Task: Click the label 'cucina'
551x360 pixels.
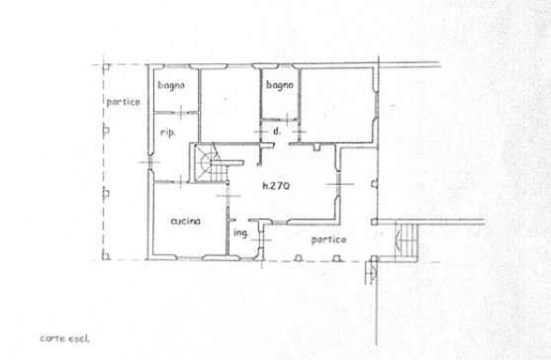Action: click(186, 222)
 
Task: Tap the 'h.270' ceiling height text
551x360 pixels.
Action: click(276, 186)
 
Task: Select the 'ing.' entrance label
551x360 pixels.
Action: click(241, 233)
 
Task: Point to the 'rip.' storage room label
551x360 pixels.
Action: click(168, 133)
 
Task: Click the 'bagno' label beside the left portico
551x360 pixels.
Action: click(171, 85)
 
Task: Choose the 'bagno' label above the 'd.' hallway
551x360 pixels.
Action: click(280, 85)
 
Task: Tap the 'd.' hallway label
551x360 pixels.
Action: click(277, 131)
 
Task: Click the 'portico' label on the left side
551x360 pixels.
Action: click(123, 102)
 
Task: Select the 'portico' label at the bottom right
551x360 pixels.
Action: click(328, 240)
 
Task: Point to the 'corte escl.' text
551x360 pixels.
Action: click(64, 338)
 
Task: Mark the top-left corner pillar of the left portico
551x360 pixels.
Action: click(106, 66)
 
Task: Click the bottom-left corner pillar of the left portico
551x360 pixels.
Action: click(106, 256)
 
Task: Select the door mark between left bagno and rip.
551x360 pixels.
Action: click(181, 113)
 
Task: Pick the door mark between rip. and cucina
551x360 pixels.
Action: click(181, 181)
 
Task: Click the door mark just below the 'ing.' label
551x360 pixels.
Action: click(261, 240)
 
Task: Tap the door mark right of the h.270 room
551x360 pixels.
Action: click(338, 184)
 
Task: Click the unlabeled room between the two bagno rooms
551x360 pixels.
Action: click(230, 106)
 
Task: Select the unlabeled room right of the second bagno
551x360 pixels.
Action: click(336, 106)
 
